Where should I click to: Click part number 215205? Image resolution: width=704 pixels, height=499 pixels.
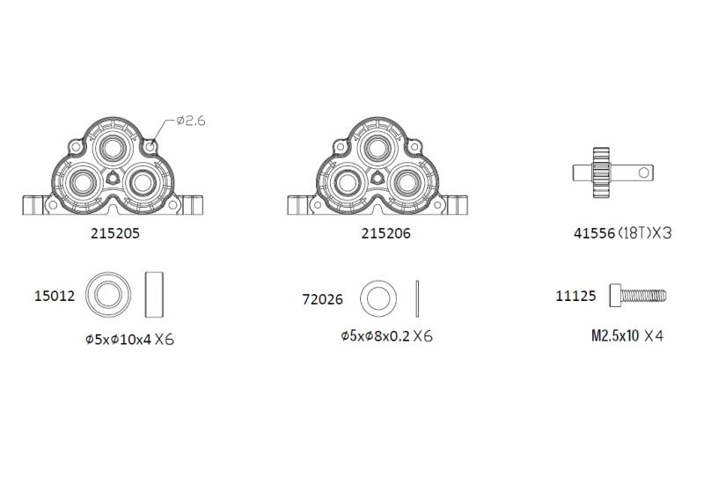115,233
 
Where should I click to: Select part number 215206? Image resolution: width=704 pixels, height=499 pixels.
385,233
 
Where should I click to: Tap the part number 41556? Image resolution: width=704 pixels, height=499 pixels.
594,233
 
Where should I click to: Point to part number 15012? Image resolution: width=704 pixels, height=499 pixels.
55,296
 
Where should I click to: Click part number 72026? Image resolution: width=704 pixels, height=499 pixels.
322,299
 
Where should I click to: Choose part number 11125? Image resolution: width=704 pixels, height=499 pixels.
576,296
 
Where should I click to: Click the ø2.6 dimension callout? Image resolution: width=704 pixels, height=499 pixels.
191,121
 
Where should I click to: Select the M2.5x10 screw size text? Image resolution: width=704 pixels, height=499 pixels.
614,335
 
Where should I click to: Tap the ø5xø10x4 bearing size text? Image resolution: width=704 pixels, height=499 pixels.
119,339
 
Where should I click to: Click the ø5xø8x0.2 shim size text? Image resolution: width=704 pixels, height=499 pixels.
376,336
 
